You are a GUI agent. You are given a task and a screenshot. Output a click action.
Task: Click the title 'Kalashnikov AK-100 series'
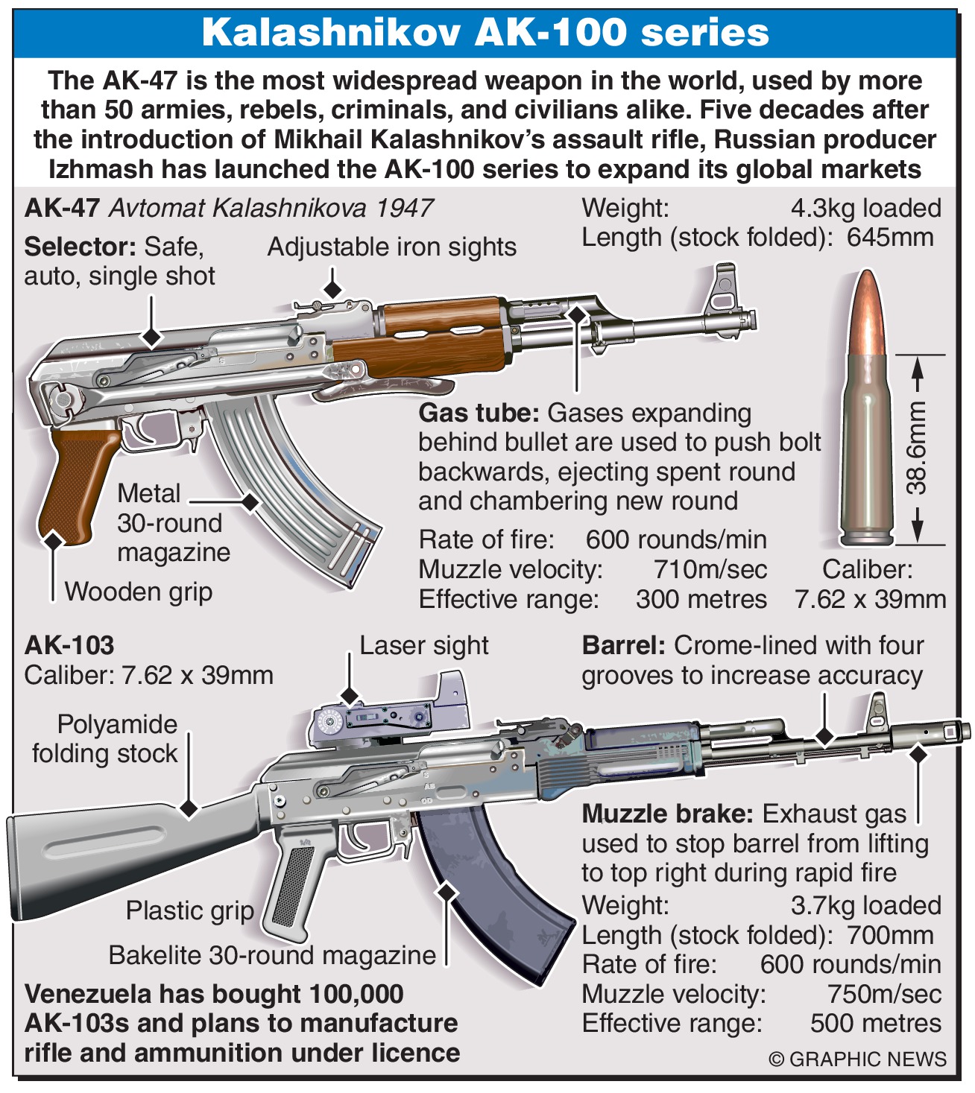(x=485, y=34)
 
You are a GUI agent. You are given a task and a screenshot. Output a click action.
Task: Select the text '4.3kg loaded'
(x=865, y=209)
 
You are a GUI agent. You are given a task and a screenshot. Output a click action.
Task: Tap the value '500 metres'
(x=875, y=1024)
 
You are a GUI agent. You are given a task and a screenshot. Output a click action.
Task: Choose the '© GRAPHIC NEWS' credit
(x=857, y=1059)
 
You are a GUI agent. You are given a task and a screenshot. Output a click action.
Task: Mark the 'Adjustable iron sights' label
(x=391, y=247)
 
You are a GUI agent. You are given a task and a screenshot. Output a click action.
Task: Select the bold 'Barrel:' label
(x=623, y=646)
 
